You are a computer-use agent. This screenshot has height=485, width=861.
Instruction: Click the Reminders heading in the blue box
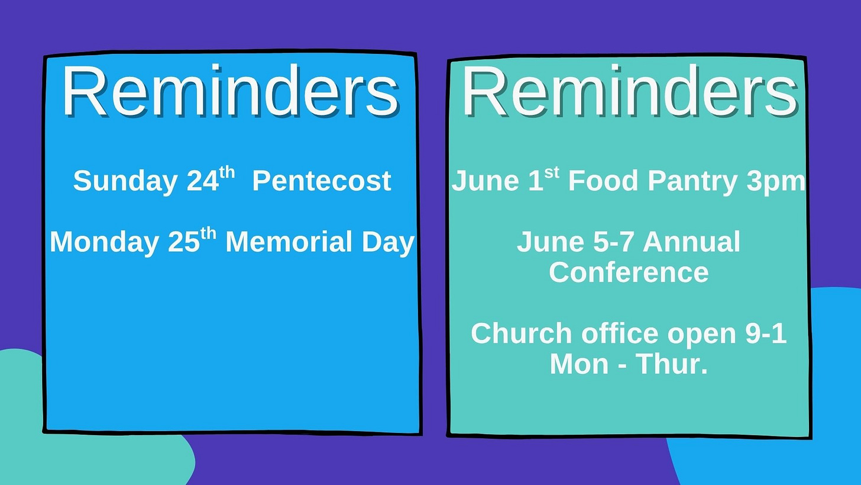231,91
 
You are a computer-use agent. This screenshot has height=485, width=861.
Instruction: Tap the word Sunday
125,181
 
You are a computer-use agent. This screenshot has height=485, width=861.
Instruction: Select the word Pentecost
321,181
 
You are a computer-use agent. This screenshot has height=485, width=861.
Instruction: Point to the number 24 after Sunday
203,181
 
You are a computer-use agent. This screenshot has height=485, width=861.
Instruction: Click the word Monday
104,243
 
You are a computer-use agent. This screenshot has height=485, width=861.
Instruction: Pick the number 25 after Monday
184,242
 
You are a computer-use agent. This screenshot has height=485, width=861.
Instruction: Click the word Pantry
692,181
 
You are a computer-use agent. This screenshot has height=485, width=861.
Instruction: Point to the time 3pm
776,182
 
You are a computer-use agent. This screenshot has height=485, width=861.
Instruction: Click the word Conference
629,272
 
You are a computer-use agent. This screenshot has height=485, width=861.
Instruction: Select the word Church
521,333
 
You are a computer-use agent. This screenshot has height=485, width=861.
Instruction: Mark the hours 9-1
766,333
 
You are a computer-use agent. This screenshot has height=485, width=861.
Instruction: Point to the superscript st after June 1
552,173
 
